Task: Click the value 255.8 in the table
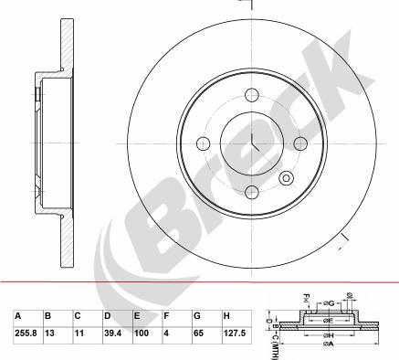click(26, 334)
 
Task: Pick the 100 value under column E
click(141, 334)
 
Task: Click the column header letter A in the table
click(17, 316)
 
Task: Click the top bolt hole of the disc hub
click(251, 92)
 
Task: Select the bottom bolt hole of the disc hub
click(251, 190)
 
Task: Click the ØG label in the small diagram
click(328, 302)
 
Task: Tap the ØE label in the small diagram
click(328, 321)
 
